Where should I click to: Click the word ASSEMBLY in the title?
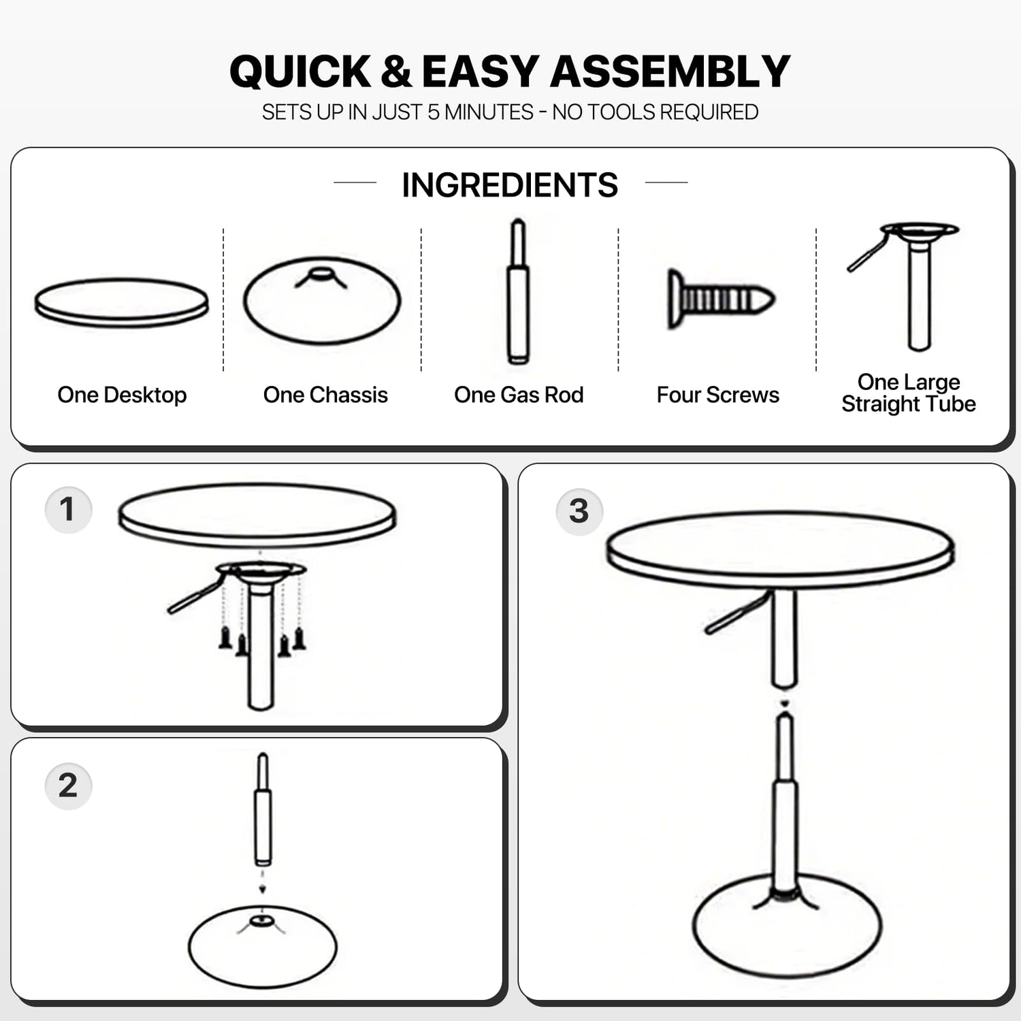(x=670, y=71)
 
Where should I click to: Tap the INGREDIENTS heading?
(x=510, y=184)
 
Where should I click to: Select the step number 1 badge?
(x=68, y=510)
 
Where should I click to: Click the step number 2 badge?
(x=68, y=786)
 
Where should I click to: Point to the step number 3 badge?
(x=579, y=511)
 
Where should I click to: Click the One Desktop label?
(x=122, y=395)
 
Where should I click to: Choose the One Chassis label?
(x=325, y=395)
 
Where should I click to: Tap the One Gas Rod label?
(x=519, y=395)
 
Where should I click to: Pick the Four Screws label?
(x=718, y=395)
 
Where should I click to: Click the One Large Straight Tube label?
(x=909, y=393)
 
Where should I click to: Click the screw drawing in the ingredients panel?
(x=721, y=299)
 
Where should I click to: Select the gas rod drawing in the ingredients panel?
(x=518, y=292)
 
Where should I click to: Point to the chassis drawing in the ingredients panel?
(x=322, y=300)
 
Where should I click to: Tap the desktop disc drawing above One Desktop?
(x=122, y=302)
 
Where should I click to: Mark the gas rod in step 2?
(x=263, y=809)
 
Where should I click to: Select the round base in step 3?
(x=787, y=926)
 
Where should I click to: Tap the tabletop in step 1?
(x=257, y=515)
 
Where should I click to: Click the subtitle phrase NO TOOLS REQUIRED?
(x=655, y=112)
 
